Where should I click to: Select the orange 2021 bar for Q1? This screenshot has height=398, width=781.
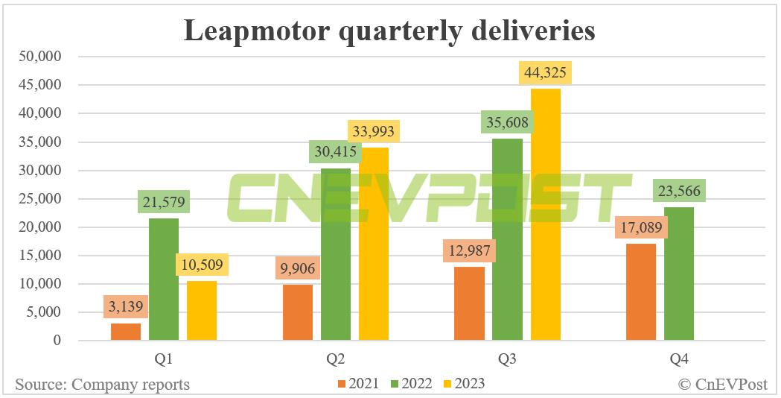click(126, 332)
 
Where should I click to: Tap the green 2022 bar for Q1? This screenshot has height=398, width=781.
click(164, 279)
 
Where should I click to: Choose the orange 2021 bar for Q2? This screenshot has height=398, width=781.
click(298, 312)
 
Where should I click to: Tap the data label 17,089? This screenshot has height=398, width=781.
click(641, 227)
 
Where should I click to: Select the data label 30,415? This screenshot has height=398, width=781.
click(335, 153)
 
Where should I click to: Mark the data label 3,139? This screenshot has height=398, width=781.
click(126, 306)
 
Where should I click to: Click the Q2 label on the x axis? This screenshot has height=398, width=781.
click(335, 359)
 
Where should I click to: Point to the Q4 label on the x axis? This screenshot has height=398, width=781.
click(679, 359)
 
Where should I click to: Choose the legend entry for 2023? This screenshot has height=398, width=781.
click(463, 384)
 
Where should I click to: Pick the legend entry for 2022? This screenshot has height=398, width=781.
click(411, 384)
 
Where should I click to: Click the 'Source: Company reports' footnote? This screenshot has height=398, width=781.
click(102, 385)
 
